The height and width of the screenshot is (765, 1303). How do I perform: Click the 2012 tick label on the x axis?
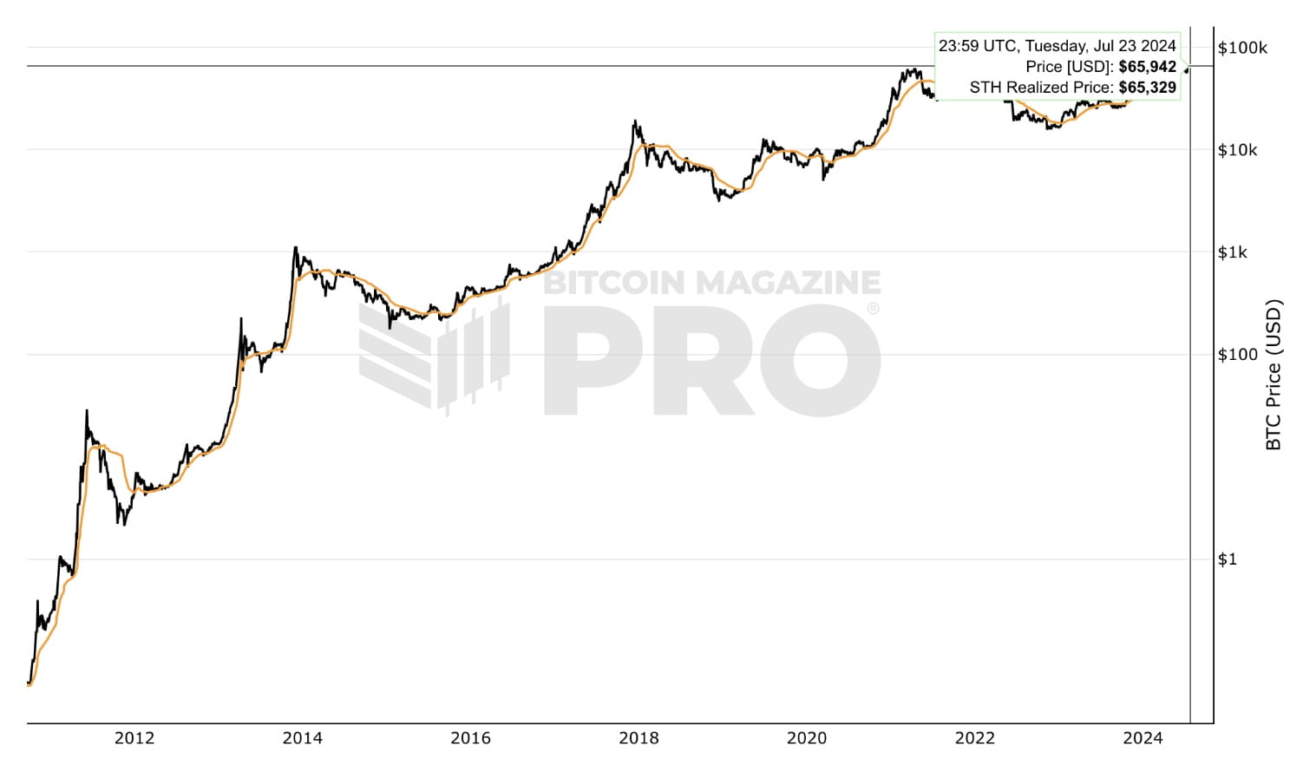click(x=134, y=738)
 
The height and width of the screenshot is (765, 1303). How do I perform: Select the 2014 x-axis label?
click(x=302, y=738)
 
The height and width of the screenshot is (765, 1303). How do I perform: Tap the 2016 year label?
click(x=470, y=738)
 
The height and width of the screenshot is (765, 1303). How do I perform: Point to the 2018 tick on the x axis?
click(x=638, y=738)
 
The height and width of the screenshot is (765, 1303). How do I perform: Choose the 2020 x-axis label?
click(x=807, y=738)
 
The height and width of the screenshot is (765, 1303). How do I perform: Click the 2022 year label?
click(x=975, y=738)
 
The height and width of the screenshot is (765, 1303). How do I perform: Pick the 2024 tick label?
click(x=1143, y=738)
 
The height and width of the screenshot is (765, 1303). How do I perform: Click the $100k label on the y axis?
click(x=1242, y=48)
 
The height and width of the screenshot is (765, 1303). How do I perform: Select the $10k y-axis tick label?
click(x=1238, y=150)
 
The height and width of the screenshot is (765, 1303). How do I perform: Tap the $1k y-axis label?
click(x=1233, y=252)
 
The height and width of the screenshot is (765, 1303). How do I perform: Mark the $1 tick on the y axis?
click(x=1228, y=559)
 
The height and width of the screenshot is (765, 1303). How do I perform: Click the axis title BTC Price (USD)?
click(x=1274, y=375)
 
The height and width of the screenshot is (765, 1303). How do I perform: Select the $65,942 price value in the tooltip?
click(x=1147, y=67)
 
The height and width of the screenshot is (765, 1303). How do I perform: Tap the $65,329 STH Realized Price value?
click(x=1147, y=88)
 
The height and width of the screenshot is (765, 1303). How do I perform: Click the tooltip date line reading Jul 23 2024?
click(x=1057, y=46)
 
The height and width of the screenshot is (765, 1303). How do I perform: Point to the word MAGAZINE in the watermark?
click(x=788, y=283)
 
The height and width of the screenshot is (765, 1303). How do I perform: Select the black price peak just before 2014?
click(x=296, y=249)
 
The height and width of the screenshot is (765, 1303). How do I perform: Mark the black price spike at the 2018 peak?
click(x=636, y=122)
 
